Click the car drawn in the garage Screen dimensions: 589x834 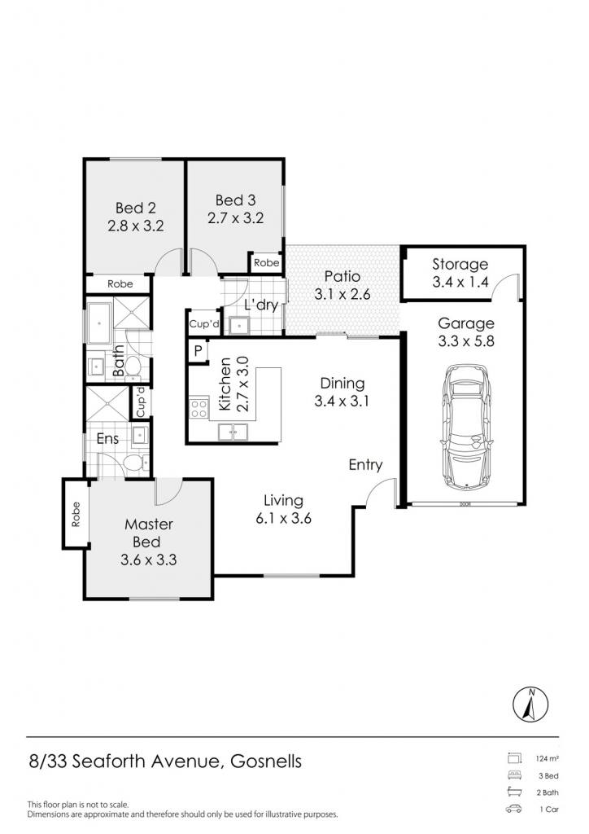(466, 426)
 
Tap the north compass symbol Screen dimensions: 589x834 (530, 705)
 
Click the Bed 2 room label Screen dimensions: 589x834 (135, 208)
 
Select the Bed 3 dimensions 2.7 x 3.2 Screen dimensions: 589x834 (235, 218)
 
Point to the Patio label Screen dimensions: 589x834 (342, 277)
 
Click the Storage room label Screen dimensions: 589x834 (460, 265)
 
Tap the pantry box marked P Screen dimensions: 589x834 (198, 350)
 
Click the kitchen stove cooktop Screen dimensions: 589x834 (199, 409)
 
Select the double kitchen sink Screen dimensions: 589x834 (233, 432)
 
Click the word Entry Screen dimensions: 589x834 (365, 465)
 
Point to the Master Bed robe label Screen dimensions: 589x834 (76, 515)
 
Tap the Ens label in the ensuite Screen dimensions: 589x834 (107, 439)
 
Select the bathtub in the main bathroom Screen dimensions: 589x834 (98, 323)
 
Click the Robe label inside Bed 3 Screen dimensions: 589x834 (266, 263)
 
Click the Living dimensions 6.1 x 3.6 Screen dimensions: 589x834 (283, 518)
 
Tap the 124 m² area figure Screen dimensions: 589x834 (547, 759)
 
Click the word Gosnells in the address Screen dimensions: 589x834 (265, 762)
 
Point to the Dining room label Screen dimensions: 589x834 (342, 383)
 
